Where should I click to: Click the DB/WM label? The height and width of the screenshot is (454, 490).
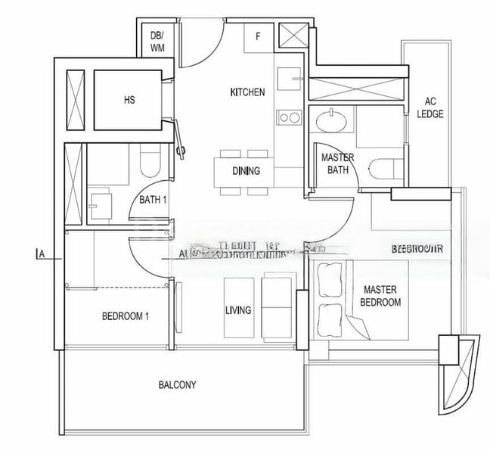(x=157, y=41)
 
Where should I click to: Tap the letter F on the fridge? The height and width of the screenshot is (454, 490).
(x=258, y=36)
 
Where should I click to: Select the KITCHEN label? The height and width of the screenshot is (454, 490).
(x=247, y=92)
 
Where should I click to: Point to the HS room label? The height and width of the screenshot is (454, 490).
(x=129, y=100)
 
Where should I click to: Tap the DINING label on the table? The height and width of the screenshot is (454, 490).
(x=246, y=171)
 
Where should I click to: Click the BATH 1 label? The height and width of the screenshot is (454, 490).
(x=154, y=201)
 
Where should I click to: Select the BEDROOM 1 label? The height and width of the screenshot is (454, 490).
(x=125, y=316)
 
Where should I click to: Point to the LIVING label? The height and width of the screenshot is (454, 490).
(x=238, y=310)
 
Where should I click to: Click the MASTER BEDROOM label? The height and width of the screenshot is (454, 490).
(x=381, y=296)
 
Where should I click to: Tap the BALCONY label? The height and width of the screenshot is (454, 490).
(x=177, y=385)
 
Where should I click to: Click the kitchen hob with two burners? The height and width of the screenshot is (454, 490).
(x=287, y=117)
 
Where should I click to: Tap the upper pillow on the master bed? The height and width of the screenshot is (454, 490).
(x=330, y=280)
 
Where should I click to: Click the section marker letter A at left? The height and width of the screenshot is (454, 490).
(x=42, y=256)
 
